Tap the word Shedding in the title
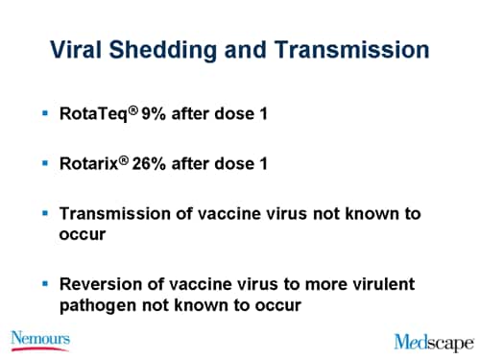(181, 50)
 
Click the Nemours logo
(40, 339)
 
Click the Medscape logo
(433, 341)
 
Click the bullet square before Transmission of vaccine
(45, 213)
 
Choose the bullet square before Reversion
(45, 285)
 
